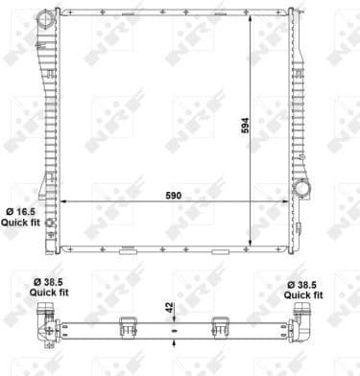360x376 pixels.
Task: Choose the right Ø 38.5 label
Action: tap(310, 285)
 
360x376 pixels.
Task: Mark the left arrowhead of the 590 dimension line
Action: tap(63, 200)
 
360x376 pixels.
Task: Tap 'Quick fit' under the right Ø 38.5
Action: tap(310, 296)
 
